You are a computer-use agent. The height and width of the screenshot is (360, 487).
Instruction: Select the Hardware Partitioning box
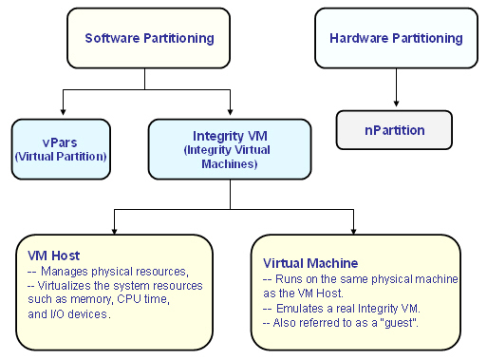point(396,39)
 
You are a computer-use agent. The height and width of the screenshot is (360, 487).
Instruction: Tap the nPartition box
point(395,130)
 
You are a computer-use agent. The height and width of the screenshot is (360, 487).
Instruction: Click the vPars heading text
point(60,142)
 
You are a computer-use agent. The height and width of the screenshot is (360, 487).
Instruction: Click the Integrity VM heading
point(229,138)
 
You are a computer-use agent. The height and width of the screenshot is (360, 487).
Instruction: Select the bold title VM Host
point(54,256)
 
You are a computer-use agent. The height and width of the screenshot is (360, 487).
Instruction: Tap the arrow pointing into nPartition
point(396,104)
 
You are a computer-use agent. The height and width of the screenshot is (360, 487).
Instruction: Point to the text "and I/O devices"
point(71,314)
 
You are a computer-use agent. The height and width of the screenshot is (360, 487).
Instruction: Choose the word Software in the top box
point(113,39)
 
